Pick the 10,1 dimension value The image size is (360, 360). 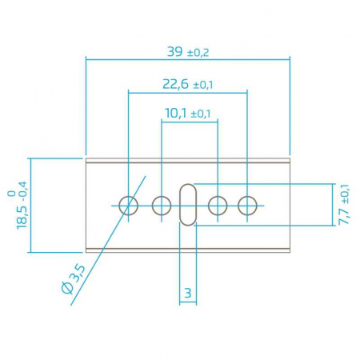(176, 114)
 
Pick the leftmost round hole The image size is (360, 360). (129, 205)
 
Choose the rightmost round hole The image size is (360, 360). (247, 205)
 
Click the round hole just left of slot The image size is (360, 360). (162, 205)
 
